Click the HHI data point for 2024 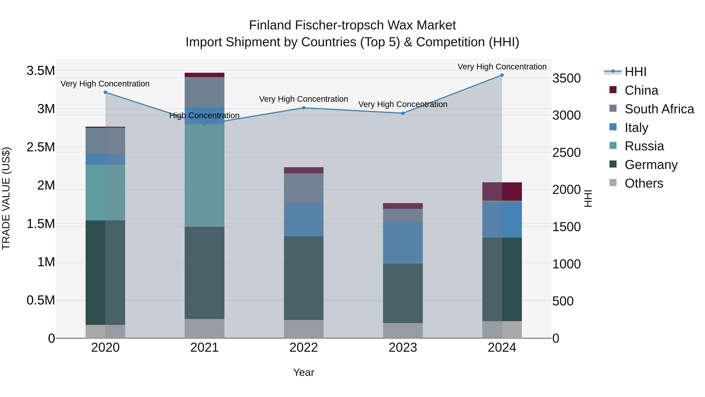point(502,75)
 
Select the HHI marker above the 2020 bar point(105,92)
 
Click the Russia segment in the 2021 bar point(204,175)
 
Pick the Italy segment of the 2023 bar point(403,243)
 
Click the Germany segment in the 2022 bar point(304,278)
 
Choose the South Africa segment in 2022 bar point(304,188)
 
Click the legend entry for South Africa point(659,109)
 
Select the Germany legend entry point(651,165)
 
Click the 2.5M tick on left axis point(41,147)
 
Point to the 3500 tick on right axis point(566,78)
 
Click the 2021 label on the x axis point(204,348)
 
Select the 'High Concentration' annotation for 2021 point(204,115)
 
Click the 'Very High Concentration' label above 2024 point(502,67)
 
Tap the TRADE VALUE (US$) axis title point(6,198)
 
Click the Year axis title point(304,372)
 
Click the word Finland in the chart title point(270,25)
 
